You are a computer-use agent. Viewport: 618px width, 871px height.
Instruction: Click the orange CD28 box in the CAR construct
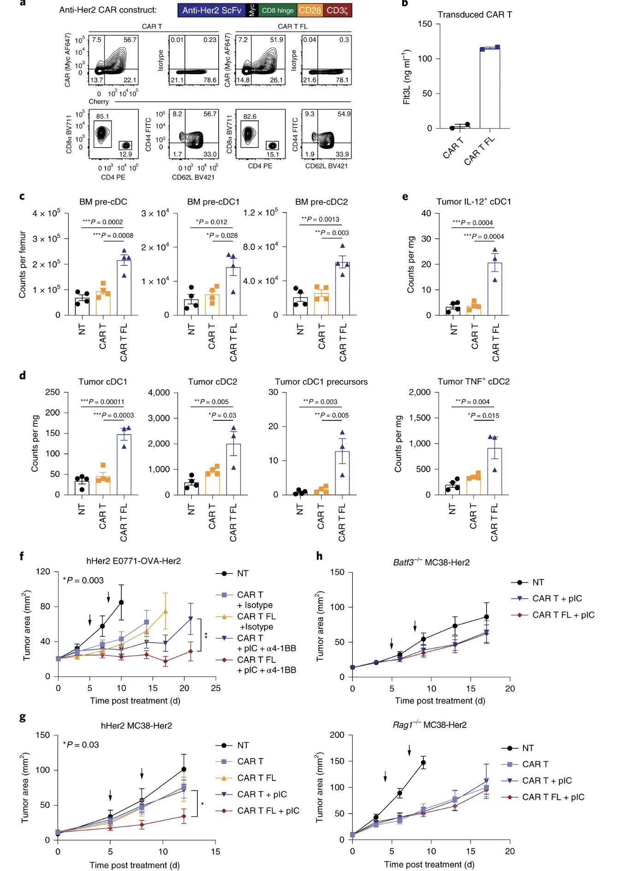pyautogui.click(x=309, y=10)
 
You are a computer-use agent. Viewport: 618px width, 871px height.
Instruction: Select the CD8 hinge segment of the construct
pyautogui.click(x=278, y=10)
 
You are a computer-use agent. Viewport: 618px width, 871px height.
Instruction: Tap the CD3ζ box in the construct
pyautogui.click(x=338, y=10)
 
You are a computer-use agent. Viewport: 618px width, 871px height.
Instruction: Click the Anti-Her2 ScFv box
pyautogui.click(x=212, y=10)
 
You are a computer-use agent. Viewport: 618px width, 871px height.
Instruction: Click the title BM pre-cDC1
pyautogui.click(x=213, y=202)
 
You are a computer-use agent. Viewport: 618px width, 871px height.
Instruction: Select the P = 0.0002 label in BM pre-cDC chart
pyautogui.click(x=103, y=222)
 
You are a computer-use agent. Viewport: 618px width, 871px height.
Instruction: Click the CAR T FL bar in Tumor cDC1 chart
pyautogui.click(x=124, y=464)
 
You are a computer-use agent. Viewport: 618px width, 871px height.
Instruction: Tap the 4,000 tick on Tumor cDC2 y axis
pyautogui.click(x=159, y=393)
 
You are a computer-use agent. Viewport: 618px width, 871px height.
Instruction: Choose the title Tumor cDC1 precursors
pyautogui.click(x=321, y=382)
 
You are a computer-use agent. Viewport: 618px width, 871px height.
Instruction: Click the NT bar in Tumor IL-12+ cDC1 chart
pyautogui.click(x=453, y=310)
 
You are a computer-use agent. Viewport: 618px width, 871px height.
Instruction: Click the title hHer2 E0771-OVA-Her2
pyautogui.click(x=134, y=561)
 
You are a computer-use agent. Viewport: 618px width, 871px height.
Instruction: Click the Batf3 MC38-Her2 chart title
pyautogui.click(x=431, y=562)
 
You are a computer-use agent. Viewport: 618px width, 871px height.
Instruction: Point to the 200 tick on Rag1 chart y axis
pyautogui.click(x=337, y=735)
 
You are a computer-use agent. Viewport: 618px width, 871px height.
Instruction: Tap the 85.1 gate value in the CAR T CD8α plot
pyautogui.click(x=102, y=117)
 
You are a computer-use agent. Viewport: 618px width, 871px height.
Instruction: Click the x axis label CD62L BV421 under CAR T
pyautogui.click(x=193, y=177)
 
